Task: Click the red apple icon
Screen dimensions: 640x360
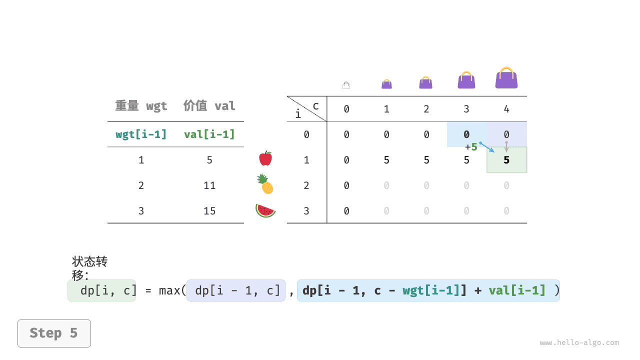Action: click(x=265, y=158)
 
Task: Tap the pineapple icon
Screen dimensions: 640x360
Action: click(x=265, y=184)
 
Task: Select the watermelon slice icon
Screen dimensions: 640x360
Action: click(x=265, y=210)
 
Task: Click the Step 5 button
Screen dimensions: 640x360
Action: click(x=54, y=333)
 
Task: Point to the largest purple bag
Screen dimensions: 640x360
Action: click(x=506, y=77)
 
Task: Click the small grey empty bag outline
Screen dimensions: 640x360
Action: click(x=346, y=85)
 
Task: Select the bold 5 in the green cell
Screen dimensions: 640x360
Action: click(x=506, y=160)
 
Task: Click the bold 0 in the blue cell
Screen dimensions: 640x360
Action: click(x=466, y=134)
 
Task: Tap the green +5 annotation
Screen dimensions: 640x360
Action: click(x=471, y=147)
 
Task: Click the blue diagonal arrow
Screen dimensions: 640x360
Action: click(x=487, y=147)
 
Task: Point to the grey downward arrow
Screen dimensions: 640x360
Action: click(x=506, y=147)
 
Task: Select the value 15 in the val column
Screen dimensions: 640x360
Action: click(x=209, y=211)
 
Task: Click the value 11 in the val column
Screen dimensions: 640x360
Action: click(x=209, y=185)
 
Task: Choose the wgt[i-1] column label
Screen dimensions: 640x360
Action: click(x=141, y=134)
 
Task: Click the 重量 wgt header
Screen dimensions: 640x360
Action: click(x=141, y=105)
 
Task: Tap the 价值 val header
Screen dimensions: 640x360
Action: click(x=209, y=105)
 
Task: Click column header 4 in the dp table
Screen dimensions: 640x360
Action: click(x=506, y=109)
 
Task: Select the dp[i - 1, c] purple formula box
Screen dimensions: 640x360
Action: click(x=236, y=290)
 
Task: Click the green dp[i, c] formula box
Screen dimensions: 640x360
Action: click(x=101, y=290)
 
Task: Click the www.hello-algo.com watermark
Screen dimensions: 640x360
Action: click(x=579, y=342)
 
